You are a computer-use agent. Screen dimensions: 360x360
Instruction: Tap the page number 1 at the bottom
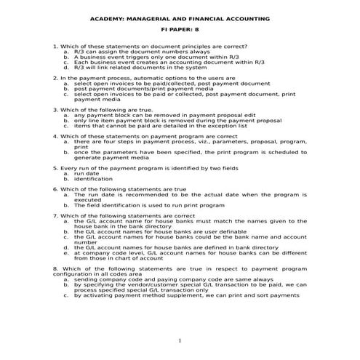(x=180, y=342)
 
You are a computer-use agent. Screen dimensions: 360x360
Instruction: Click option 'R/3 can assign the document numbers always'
(x=142, y=52)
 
